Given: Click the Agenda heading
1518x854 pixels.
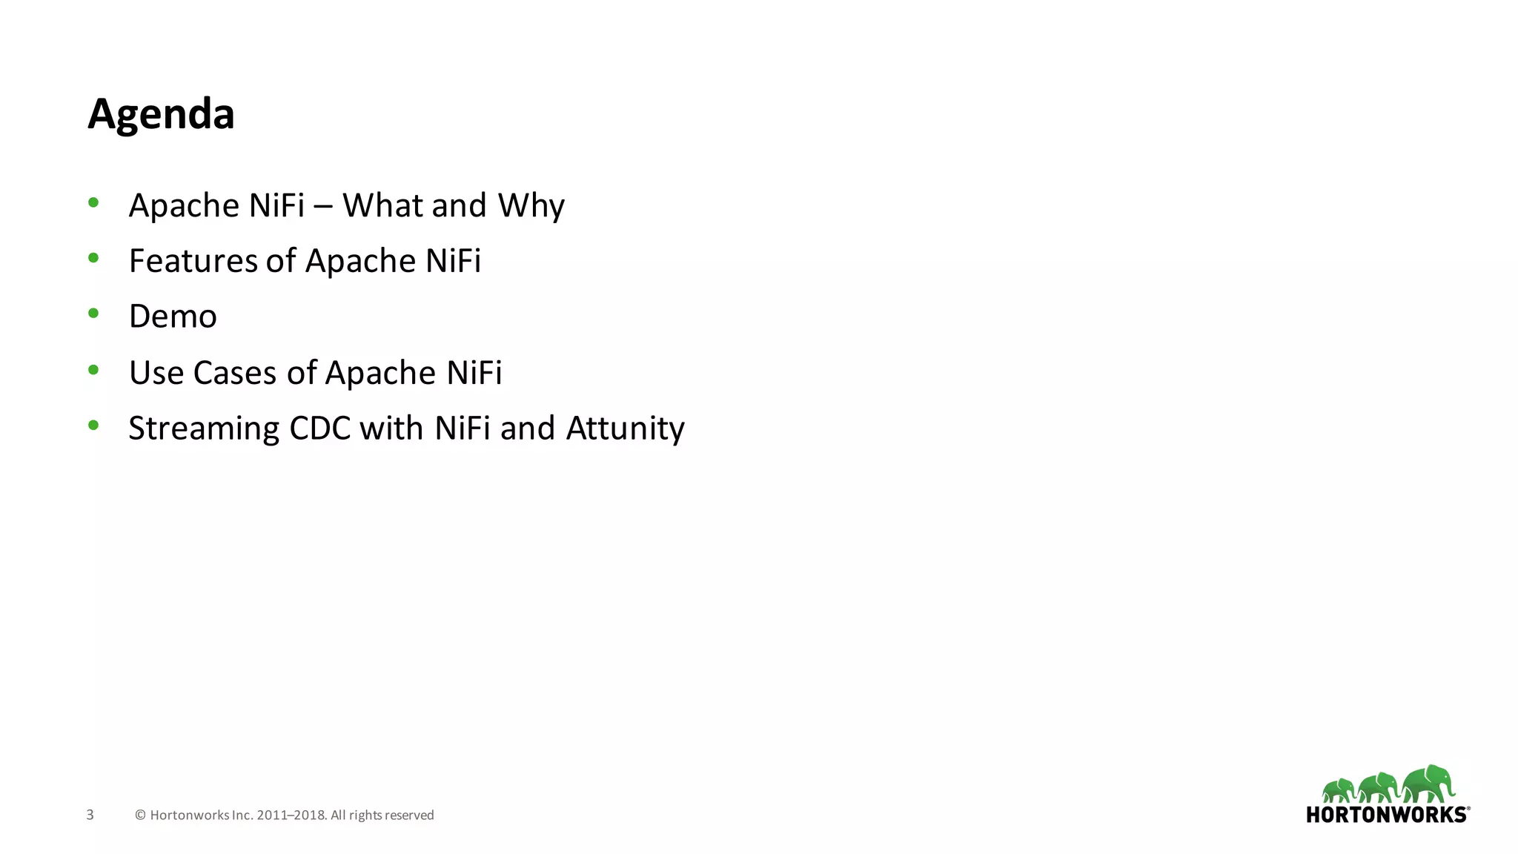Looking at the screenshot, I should pyautogui.click(x=161, y=114).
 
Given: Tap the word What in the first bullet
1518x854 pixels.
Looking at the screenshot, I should pyautogui.click(x=382, y=205).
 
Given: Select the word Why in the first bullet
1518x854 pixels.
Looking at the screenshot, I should pyautogui.click(x=531, y=205).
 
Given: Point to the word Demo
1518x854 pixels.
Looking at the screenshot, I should pyautogui.click(x=173, y=317).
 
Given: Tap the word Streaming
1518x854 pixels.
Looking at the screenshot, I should pyautogui.click(x=204, y=428).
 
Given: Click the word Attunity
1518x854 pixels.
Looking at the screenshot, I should pyautogui.click(x=625, y=428).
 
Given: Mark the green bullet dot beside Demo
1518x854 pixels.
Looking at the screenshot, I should pyautogui.click(x=93, y=314).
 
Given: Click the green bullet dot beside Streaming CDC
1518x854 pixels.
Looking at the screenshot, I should pyautogui.click(x=93, y=426).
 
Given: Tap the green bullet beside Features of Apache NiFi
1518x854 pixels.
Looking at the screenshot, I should pyautogui.click(x=93, y=258).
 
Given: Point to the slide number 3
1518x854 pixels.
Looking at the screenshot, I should pyautogui.click(x=90, y=815).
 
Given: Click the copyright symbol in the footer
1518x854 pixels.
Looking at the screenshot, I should pyautogui.click(x=140, y=815).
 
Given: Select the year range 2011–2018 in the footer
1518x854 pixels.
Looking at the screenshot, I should pyautogui.click(x=291, y=815).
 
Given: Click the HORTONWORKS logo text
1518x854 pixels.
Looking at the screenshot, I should pyautogui.click(x=1386, y=815).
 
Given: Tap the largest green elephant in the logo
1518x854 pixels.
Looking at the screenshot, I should pyautogui.click(x=1428, y=784).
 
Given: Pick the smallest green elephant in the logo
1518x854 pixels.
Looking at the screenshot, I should pyautogui.click(x=1339, y=790).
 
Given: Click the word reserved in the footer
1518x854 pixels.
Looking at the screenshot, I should pyautogui.click(x=409, y=815).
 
